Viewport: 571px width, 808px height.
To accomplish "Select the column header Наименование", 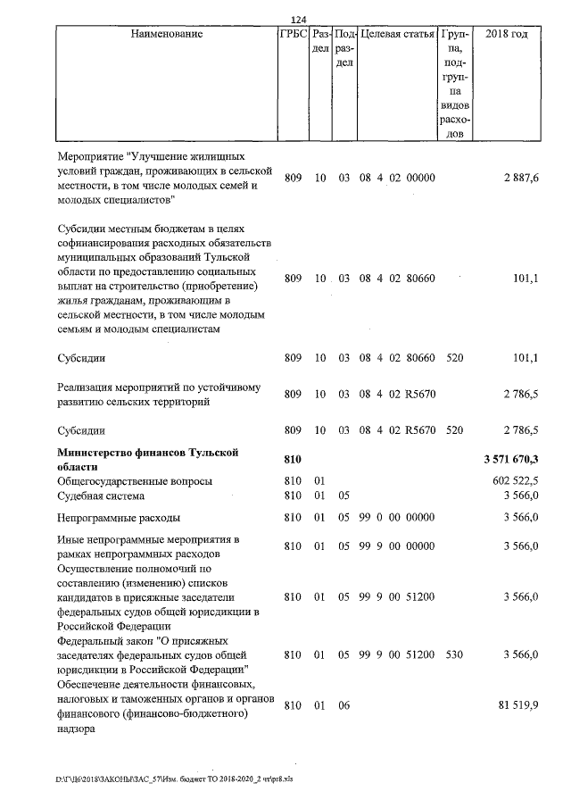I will pos(166,34).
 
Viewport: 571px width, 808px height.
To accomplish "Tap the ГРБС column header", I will pos(293,34).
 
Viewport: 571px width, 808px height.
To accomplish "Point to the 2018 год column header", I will pos(506,34).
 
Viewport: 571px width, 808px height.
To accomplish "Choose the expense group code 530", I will pos(454,654).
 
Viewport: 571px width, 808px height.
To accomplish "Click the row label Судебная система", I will pos(100,496).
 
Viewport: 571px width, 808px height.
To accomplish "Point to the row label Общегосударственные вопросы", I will pos(135,482).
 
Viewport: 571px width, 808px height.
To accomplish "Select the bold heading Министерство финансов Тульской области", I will pos(147,460).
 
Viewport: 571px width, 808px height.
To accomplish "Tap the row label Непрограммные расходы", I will pos(118,517).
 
